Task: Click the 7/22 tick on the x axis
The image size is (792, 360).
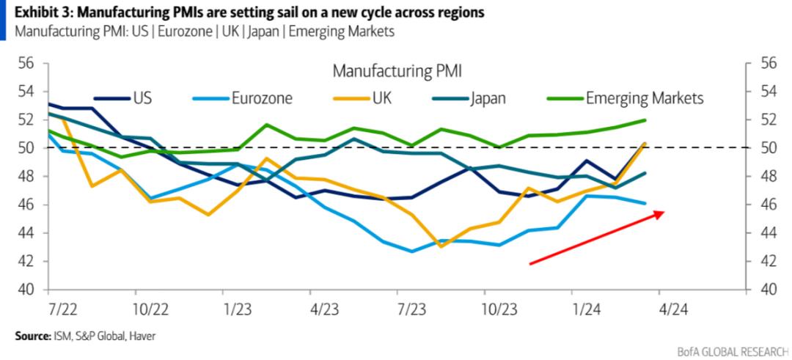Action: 61,309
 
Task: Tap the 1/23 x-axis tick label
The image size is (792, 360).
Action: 235,309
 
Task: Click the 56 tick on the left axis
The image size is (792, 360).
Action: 26,64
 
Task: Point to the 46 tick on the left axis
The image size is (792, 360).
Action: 26,205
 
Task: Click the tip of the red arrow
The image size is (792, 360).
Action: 664,212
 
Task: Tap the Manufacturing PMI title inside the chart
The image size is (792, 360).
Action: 401,72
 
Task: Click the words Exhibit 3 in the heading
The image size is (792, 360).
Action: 37,13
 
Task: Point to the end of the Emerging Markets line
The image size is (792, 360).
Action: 645,120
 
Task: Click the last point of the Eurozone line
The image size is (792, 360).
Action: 645,203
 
